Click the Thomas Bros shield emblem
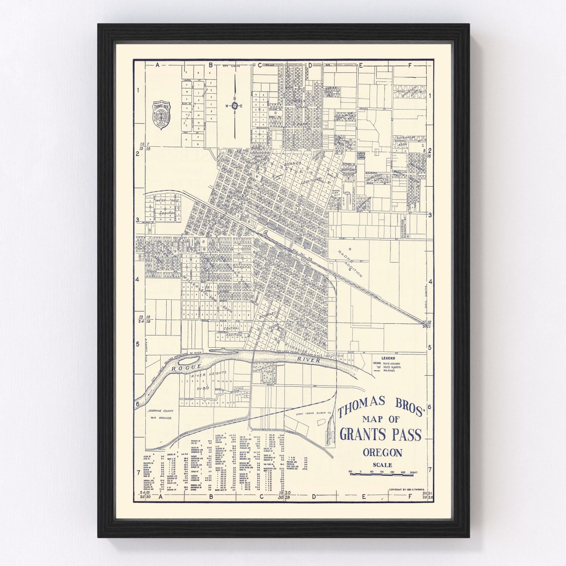(x=161, y=114)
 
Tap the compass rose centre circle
(x=234, y=105)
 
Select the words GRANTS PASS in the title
(x=380, y=434)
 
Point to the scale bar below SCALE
(x=381, y=474)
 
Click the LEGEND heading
(x=388, y=358)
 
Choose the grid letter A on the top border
(x=157, y=66)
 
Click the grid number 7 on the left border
(x=138, y=472)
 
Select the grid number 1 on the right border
(x=430, y=96)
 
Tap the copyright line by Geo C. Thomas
(x=409, y=490)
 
